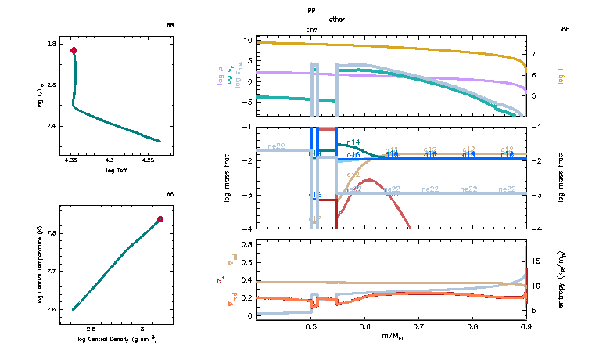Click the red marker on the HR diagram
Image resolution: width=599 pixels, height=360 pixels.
(74, 50)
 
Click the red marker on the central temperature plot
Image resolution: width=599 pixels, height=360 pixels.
(160, 219)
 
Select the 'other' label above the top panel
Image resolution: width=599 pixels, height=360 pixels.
(337, 19)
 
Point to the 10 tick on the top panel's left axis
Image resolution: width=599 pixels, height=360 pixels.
(248, 40)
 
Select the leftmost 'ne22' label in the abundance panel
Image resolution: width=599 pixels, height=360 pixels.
(276, 146)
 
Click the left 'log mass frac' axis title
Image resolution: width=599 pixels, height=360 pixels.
(228, 178)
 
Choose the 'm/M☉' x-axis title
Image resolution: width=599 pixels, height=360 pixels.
(391, 337)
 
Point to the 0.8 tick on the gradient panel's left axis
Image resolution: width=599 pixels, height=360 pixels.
(246, 244)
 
